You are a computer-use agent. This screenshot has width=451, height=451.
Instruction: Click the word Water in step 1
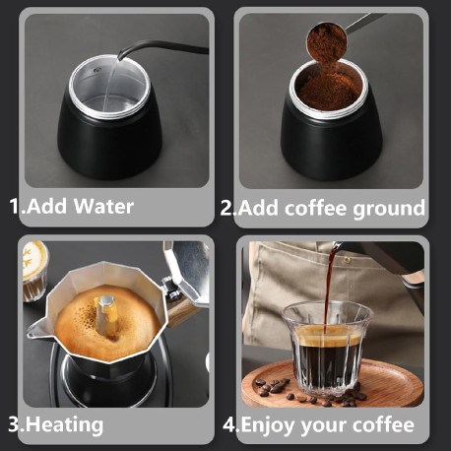(x=103, y=207)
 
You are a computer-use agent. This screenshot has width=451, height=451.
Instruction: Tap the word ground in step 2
(x=389, y=210)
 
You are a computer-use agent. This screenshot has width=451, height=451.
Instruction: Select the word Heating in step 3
(x=64, y=425)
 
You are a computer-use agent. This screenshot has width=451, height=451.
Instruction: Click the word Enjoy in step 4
(x=268, y=425)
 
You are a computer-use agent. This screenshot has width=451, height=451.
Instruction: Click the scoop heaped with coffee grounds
(x=327, y=41)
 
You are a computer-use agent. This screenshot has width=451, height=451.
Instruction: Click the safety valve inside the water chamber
(x=97, y=70)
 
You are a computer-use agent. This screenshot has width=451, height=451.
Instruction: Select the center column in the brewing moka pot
(x=107, y=317)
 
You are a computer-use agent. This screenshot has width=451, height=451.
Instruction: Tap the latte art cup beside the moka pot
(x=34, y=271)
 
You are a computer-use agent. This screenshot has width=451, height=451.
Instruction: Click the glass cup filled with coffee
(x=327, y=349)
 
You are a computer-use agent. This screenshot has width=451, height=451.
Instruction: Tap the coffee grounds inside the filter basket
(x=329, y=90)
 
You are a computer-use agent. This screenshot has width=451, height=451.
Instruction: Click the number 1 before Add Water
(x=15, y=206)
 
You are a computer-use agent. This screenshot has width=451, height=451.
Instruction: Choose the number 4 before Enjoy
(x=229, y=424)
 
